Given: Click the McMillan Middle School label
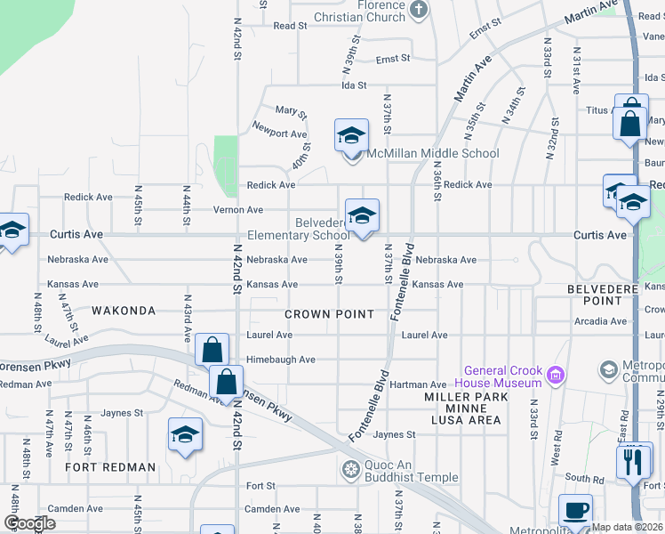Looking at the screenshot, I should (x=433, y=153).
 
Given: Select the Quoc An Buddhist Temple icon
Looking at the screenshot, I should (x=351, y=469).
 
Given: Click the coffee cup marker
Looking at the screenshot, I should (x=575, y=510).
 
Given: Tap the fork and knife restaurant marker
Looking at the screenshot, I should (x=633, y=462).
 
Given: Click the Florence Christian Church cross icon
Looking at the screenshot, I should (x=419, y=11).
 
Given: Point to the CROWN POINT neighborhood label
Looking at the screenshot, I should (x=330, y=314).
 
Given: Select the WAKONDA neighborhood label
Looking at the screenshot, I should (x=123, y=311).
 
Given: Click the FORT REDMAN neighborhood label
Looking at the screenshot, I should (x=110, y=466).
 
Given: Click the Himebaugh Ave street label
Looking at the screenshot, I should (x=281, y=360).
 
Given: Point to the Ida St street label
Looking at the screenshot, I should (x=355, y=85).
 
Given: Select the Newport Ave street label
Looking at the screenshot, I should (x=279, y=133).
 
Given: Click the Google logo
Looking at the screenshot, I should (x=29, y=523).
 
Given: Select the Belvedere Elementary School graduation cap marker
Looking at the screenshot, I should (x=362, y=216).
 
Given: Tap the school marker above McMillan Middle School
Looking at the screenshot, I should (x=351, y=136).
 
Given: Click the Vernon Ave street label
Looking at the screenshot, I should (x=237, y=210).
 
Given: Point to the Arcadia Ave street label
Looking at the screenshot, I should (x=600, y=321).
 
